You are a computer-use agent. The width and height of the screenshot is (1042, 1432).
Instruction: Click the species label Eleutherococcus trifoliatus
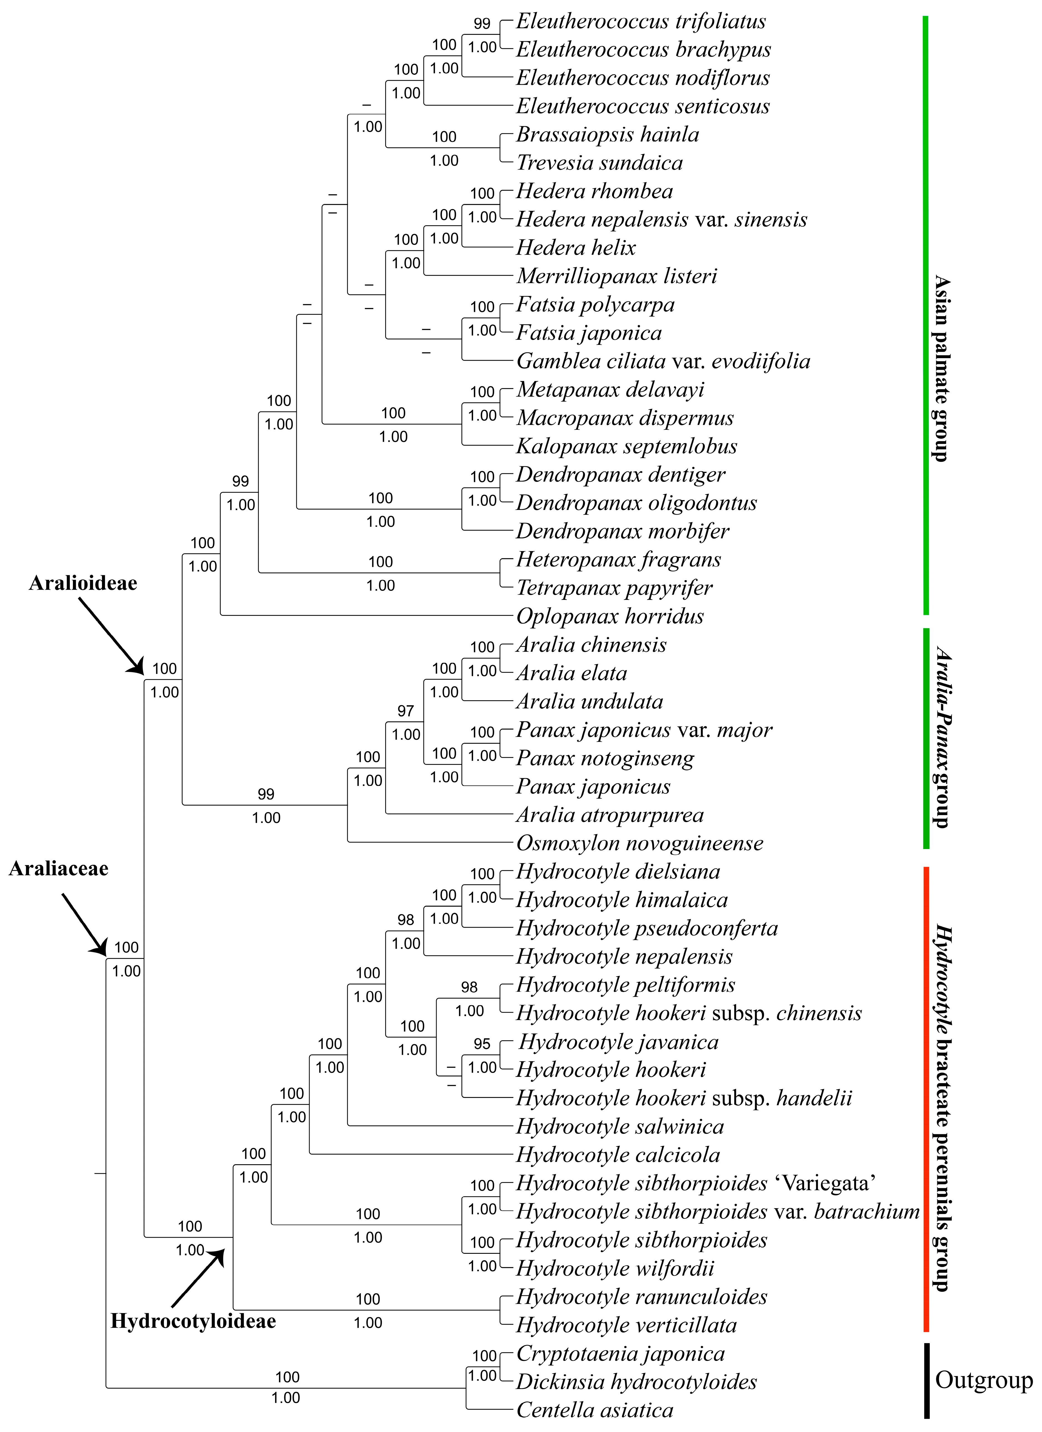click(641, 21)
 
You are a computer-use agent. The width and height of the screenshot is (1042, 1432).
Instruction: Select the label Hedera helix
click(576, 247)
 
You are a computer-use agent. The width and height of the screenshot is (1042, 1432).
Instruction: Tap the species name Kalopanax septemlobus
click(626, 446)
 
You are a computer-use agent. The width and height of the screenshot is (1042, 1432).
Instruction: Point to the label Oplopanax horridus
click(610, 616)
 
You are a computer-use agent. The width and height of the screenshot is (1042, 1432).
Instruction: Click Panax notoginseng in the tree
click(605, 758)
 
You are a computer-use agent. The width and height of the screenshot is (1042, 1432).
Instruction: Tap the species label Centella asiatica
click(595, 1410)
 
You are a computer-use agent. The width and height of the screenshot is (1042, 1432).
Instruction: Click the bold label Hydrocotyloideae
click(193, 1322)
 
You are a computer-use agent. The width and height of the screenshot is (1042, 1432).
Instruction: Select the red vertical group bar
click(926, 1099)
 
